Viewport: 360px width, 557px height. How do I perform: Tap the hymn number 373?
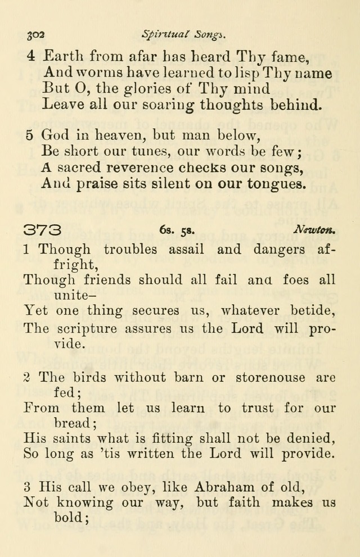(43, 230)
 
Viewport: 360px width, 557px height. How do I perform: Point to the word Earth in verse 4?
(64, 56)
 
